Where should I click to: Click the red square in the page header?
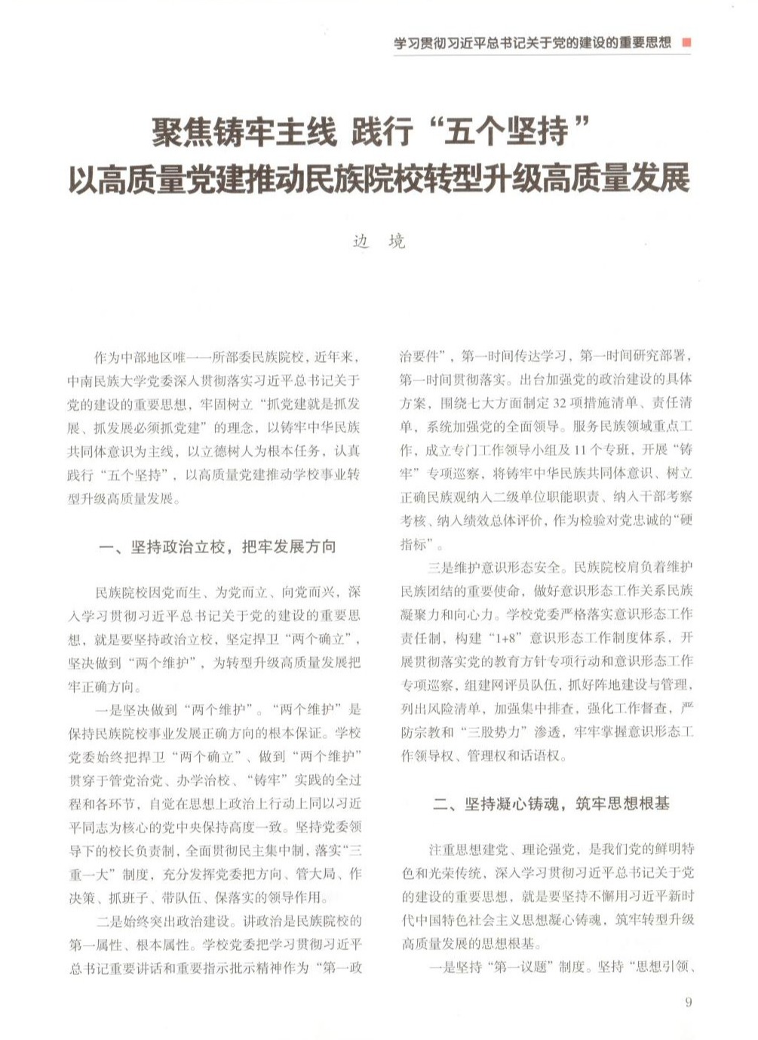[x=686, y=43]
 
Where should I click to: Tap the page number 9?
[x=688, y=1002]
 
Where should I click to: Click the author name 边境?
[x=379, y=242]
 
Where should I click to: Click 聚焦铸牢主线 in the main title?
[x=243, y=134]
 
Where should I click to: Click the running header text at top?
[x=532, y=43]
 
